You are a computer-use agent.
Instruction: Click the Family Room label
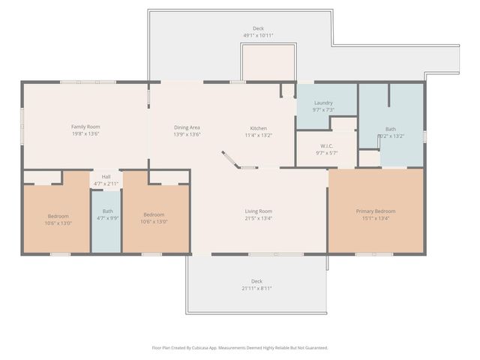coord(85,127)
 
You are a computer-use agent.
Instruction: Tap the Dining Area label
coord(187,127)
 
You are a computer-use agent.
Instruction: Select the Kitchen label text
coord(258,128)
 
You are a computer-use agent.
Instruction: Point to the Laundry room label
coord(323,103)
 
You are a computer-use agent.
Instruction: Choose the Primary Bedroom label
coord(375,211)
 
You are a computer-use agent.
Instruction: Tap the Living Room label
coord(259,211)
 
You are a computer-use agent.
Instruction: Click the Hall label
coord(106,176)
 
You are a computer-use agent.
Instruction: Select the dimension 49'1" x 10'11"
coord(258,35)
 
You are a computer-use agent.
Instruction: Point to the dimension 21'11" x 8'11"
coord(257,288)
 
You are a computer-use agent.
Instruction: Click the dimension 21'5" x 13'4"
coord(259,218)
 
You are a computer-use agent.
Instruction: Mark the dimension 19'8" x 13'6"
coord(85,135)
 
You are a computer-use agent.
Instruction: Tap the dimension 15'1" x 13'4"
coord(375,218)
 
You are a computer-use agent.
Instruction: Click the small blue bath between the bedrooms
coord(107,222)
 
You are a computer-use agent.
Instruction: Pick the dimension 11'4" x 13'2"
coord(258,136)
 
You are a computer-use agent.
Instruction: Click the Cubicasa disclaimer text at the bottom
coord(240,347)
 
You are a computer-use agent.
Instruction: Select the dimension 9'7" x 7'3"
coord(323,110)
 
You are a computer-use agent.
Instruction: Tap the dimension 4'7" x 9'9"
coord(107,218)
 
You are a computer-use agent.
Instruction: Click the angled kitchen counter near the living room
coord(231,161)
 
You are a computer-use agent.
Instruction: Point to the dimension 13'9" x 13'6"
coord(187,135)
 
